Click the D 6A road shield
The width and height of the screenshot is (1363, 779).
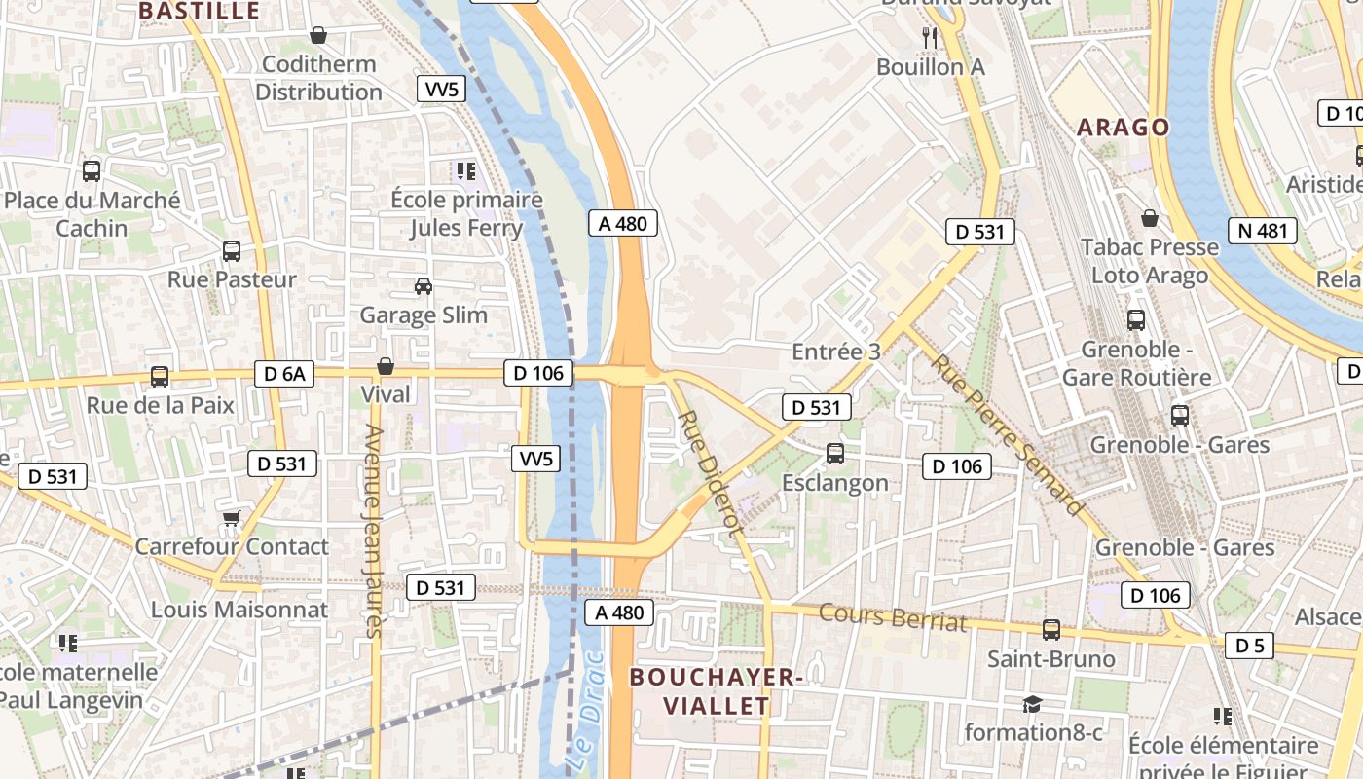(284, 374)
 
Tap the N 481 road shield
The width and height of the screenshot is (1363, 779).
(1263, 231)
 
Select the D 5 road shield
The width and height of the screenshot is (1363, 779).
(1249, 645)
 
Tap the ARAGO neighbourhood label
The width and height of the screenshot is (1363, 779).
(1123, 128)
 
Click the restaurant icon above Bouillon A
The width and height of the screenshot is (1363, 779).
(930, 38)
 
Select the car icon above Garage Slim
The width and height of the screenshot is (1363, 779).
(424, 286)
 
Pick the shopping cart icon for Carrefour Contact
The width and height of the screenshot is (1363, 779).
(231, 517)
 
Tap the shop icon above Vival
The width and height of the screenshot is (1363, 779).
(386, 366)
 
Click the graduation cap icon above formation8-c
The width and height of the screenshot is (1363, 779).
(1032, 703)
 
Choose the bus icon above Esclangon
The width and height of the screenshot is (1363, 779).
(834, 453)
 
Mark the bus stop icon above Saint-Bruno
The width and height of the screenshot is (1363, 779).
(1050, 630)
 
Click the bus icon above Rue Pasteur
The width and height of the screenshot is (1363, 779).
(232, 251)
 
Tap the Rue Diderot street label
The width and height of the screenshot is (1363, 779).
(710, 472)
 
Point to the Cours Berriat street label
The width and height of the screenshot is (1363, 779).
(893, 618)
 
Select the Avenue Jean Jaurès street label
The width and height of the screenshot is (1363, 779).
(371, 531)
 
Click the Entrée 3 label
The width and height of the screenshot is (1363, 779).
(835, 352)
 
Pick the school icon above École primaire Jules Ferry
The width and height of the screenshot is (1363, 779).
(465, 171)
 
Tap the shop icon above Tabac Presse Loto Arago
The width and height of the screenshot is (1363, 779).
(1149, 218)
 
